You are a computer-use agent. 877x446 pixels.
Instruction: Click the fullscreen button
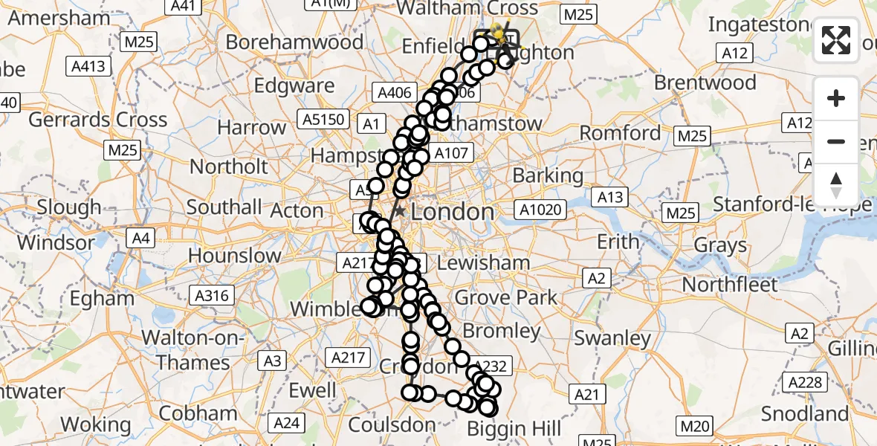[x=836, y=40]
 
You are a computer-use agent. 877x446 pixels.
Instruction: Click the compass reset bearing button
[x=836, y=185]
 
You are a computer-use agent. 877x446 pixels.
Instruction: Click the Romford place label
[x=620, y=134]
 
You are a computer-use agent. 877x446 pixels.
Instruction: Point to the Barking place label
[x=548, y=176]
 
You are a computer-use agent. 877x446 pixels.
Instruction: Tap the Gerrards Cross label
[x=99, y=120]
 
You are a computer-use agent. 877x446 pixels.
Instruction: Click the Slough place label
[x=69, y=207]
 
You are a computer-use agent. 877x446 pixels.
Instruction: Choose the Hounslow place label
[x=235, y=256]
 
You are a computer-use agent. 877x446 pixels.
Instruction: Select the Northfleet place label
[x=730, y=285]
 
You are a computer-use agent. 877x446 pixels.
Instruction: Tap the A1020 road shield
[x=541, y=210]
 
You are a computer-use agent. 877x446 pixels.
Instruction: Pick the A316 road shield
[x=211, y=296]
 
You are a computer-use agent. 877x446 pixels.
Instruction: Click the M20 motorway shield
[x=693, y=426]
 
